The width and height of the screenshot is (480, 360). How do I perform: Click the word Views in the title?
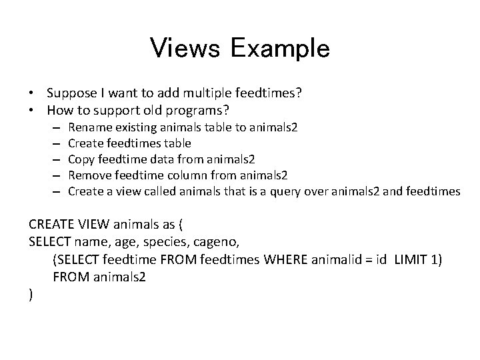pos(186,48)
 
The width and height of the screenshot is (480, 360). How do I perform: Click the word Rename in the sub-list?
pos(89,127)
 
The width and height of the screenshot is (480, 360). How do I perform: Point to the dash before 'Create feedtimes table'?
pos(58,143)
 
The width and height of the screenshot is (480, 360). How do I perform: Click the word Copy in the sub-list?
pos(81,159)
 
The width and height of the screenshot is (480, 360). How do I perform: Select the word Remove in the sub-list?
pos(90,175)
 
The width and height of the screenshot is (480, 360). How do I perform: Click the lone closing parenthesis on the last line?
pos(31,294)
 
